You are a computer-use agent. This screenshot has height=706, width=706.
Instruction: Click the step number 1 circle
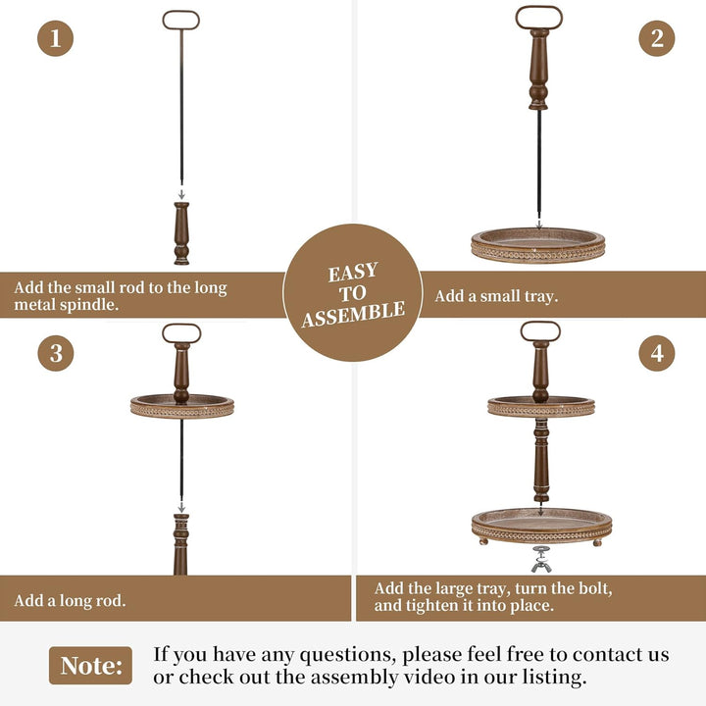pyautogui.click(x=55, y=38)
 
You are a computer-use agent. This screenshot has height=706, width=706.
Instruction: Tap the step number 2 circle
pyautogui.click(x=656, y=38)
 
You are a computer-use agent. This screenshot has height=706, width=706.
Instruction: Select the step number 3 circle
pyautogui.click(x=56, y=353)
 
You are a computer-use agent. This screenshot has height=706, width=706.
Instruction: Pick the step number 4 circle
pyautogui.click(x=656, y=353)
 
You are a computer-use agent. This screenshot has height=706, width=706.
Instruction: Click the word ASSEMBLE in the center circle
pyautogui.click(x=353, y=314)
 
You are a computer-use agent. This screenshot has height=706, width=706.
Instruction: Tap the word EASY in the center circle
pyautogui.click(x=353, y=272)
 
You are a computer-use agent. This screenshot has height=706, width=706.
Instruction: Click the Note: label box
pyautogui.click(x=90, y=666)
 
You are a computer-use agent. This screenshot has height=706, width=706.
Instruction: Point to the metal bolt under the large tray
pyautogui.click(x=540, y=559)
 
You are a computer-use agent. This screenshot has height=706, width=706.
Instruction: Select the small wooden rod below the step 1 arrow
pyautogui.click(x=181, y=233)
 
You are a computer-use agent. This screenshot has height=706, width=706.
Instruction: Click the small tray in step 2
pyautogui.click(x=538, y=245)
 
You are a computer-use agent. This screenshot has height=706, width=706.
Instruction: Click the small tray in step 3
pyautogui.click(x=182, y=407)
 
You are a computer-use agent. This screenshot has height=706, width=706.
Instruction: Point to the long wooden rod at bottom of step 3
pyautogui.click(x=181, y=544)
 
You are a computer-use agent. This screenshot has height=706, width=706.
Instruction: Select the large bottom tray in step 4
pyautogui.click(x=541, y=527)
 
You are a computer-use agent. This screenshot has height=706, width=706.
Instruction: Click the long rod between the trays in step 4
pyautogui.click(x=540, y=460)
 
